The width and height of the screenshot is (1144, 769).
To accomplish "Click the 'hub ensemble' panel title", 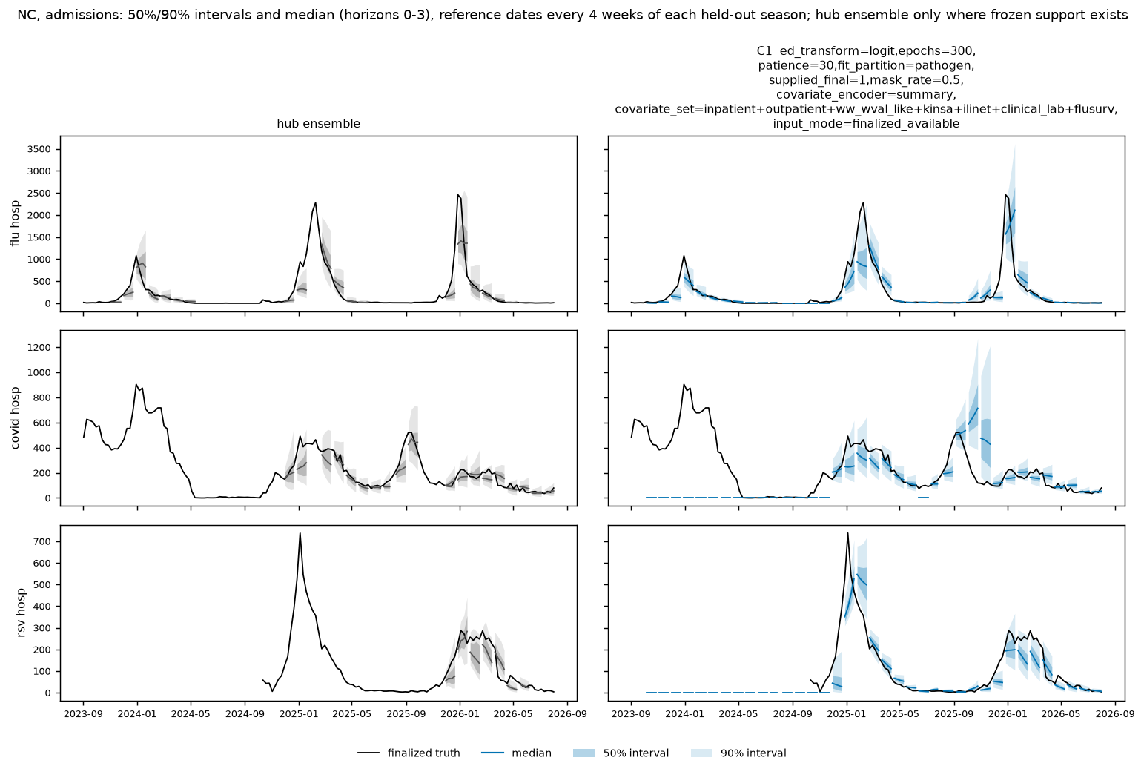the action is pyautogui.click(x=318, y=124).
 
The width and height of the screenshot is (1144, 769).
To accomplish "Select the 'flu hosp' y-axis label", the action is pyautogui.click(x=15, y=223).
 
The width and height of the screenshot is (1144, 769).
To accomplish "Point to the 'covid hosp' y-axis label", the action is pyautogui.click(x=15, y=418).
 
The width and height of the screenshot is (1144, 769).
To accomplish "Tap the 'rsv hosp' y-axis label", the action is pyautogui.click(x=21, y=613).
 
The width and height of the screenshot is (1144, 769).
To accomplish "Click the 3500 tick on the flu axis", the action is pyautogui.click(x=40, y=149).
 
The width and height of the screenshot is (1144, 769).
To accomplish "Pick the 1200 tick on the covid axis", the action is pyautogui.click(x=40, y=348).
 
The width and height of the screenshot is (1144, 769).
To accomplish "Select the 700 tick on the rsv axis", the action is pyautogui.click(x=44, y=541).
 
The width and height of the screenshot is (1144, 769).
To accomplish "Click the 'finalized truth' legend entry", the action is pyautogui.click(x=409, y=753).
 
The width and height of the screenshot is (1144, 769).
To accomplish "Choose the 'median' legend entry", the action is pyautogui.click(x=516, y=753).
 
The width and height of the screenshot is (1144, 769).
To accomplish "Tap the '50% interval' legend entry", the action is pyautogui.click(x=621, y=753).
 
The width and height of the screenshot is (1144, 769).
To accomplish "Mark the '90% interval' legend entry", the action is pyautogui.click(x=738, y=753).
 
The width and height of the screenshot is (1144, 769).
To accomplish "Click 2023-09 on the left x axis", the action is pyautogui.click(x=83, y=714).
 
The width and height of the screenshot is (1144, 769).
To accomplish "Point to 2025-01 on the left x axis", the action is pyautogui.click(x=299, y=714).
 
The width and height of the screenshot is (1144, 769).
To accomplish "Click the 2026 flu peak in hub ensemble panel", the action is pyautogui.click(x=458, y=194).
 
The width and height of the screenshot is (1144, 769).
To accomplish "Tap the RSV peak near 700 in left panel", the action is pyautogui.click(x=300, y=533).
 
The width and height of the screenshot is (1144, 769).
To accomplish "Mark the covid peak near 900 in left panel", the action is pyautogui.click(x=136, y=384).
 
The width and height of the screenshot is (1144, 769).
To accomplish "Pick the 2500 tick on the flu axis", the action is pyautogui.click(x=40, y=193).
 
